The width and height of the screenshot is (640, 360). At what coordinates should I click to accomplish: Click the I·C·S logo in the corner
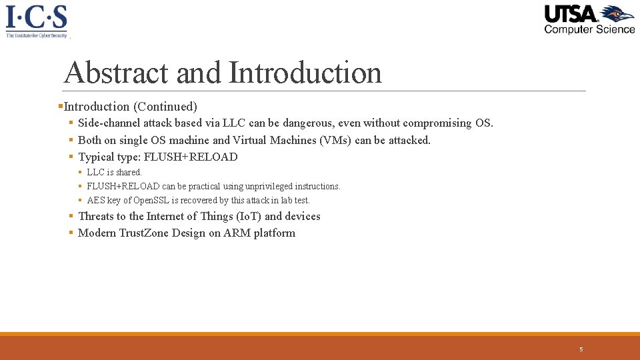[37, 20]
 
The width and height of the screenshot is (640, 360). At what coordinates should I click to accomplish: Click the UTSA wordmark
[571, 13]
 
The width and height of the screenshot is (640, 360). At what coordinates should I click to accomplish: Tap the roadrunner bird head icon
[617, 14]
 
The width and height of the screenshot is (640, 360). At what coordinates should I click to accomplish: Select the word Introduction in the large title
[305, 72]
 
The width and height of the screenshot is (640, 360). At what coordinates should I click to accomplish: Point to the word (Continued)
[165, 107]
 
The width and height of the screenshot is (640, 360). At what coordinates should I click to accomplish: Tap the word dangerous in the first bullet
[309, 123]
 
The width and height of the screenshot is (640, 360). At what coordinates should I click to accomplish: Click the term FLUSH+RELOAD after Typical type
[191, 157]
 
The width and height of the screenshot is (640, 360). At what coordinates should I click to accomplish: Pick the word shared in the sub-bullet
[129, 172]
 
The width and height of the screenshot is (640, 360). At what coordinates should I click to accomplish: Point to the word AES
[95, 200]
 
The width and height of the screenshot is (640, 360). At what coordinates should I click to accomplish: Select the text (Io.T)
[249, 216]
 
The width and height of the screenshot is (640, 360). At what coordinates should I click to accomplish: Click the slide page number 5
[581, 349]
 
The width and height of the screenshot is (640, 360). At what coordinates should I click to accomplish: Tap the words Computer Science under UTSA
[589, 29]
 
